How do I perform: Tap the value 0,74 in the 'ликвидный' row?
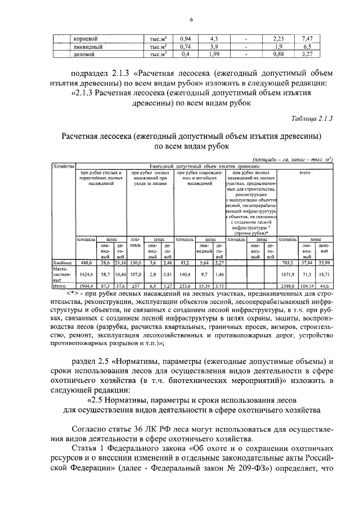click(x=184, y=47)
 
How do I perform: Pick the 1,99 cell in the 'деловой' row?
click(x=214, y=55)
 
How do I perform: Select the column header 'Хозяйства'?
click(x=64, y=166)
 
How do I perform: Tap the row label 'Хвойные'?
click(x=62, y=262)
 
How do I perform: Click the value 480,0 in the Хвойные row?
click(x=85, y=262)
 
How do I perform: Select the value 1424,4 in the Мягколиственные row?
click(x=85, y=274)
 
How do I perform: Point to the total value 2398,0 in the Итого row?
click(x=288, y=286)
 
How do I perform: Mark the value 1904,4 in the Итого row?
click(x=85, y=286)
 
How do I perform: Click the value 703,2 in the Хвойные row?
click(x=288, y=262)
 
